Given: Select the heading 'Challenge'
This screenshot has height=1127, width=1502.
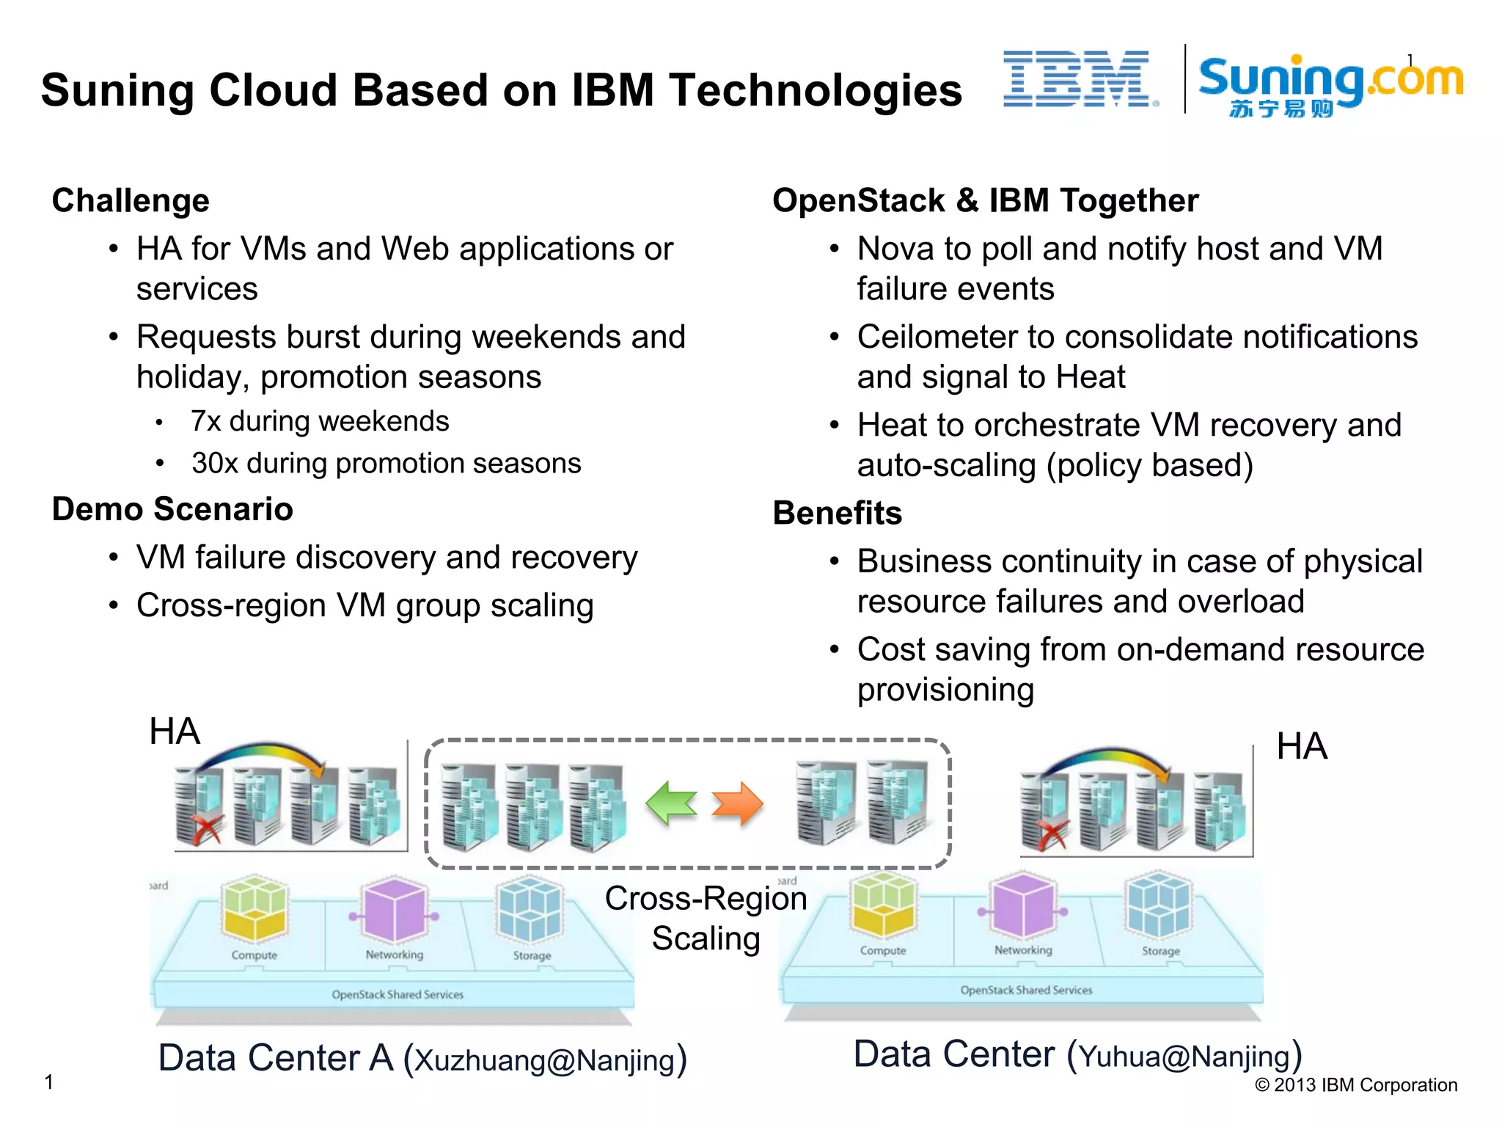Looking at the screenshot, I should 131,201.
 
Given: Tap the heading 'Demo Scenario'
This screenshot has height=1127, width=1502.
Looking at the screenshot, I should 172,509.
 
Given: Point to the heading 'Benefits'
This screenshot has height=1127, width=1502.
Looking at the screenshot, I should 837,513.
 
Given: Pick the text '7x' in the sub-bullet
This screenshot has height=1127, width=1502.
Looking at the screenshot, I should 206,422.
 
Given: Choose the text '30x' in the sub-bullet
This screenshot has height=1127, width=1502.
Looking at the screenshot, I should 215,464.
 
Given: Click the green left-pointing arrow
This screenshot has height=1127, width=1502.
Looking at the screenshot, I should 670,803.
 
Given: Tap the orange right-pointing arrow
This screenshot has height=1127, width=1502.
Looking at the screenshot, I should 738,803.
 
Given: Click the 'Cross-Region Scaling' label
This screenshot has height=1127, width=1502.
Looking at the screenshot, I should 706,918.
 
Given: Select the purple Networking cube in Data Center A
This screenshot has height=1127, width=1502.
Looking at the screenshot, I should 395,910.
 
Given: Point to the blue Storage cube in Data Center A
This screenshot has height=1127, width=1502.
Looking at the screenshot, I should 530,911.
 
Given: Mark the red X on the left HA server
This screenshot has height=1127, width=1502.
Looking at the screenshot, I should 206,831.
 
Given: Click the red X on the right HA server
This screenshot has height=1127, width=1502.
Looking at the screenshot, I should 1051,835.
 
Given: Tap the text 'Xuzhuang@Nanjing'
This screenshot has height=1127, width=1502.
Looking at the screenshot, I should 544,1061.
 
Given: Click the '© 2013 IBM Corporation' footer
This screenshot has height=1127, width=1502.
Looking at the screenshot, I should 1355,1085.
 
